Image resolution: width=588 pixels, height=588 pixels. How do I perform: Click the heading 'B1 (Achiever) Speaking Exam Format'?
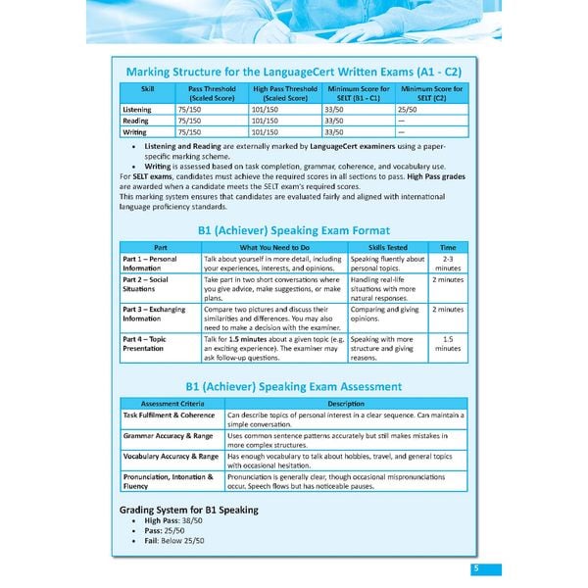pos(293,229)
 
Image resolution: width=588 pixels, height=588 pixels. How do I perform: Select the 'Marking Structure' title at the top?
pos(293,73)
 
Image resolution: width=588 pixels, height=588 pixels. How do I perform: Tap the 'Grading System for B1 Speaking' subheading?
pos(188,510)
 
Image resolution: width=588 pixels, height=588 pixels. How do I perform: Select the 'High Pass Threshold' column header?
pos(285,93)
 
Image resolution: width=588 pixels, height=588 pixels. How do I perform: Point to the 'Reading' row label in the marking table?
pos(135,121)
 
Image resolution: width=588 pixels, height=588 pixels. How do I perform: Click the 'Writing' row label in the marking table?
pos(135,131)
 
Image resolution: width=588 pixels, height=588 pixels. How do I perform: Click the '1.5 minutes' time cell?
pos(448,343)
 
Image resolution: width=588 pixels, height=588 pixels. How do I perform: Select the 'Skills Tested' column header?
pos(387,247)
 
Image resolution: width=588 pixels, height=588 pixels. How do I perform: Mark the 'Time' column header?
pos(448,247)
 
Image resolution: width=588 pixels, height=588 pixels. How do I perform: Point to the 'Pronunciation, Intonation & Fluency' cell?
pos(168,481)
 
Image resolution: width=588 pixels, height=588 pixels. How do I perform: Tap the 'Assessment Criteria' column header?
pos(171,403)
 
